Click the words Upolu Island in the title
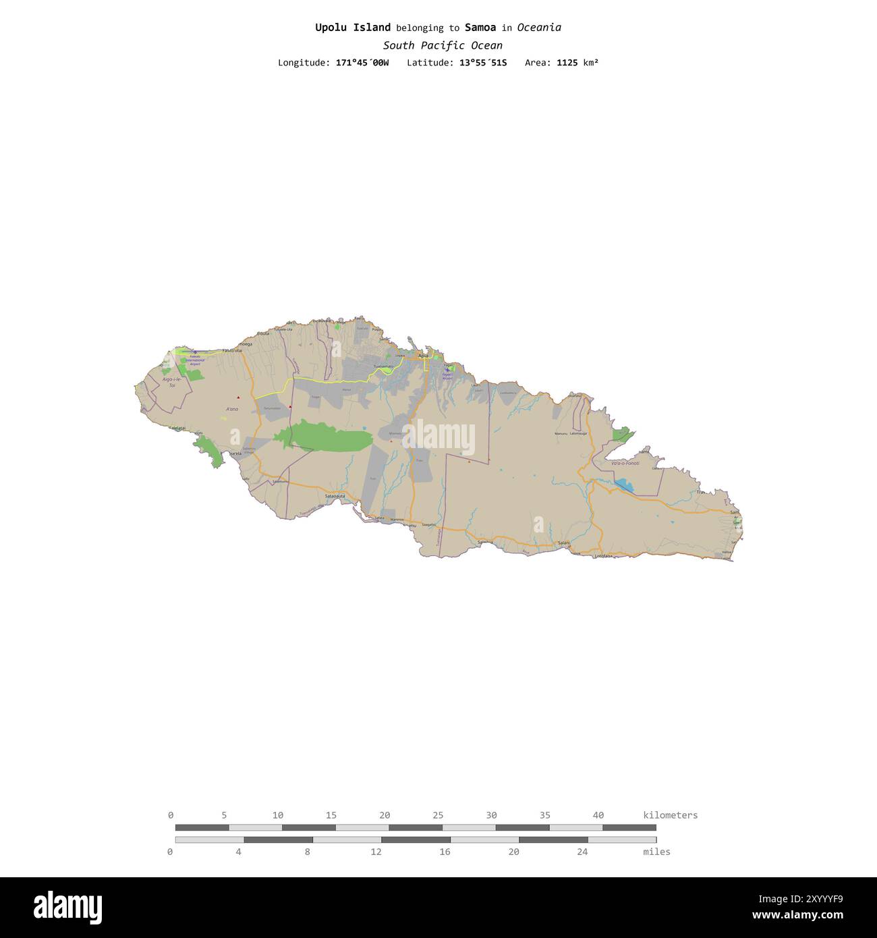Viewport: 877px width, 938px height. click(x=353, y=28)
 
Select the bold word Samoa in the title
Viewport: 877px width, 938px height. click(x=480, y=28)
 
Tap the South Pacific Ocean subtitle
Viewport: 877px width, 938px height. click(x=443, y=45)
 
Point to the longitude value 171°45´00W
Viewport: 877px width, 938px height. click(x=362, y=63)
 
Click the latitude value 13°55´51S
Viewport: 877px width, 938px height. click(x=484, y=63)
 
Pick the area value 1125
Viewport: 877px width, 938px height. click(x=567, y=63)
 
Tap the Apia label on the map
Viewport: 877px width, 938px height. click(x=424, y=355)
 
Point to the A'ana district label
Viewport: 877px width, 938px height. click(x=232, y=409)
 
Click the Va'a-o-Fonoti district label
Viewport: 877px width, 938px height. click(x=625, y=464)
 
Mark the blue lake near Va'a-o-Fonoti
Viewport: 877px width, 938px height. click(x=624, y=485)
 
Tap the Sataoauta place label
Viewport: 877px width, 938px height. click(x=335, y=496)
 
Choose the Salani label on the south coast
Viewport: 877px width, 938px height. click(x=564, y=543)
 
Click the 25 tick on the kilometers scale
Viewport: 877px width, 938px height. click(x=438, y=815)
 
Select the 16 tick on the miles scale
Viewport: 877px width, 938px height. click(x=445, y=852)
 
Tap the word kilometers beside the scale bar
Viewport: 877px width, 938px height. click(x=671, y=815)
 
